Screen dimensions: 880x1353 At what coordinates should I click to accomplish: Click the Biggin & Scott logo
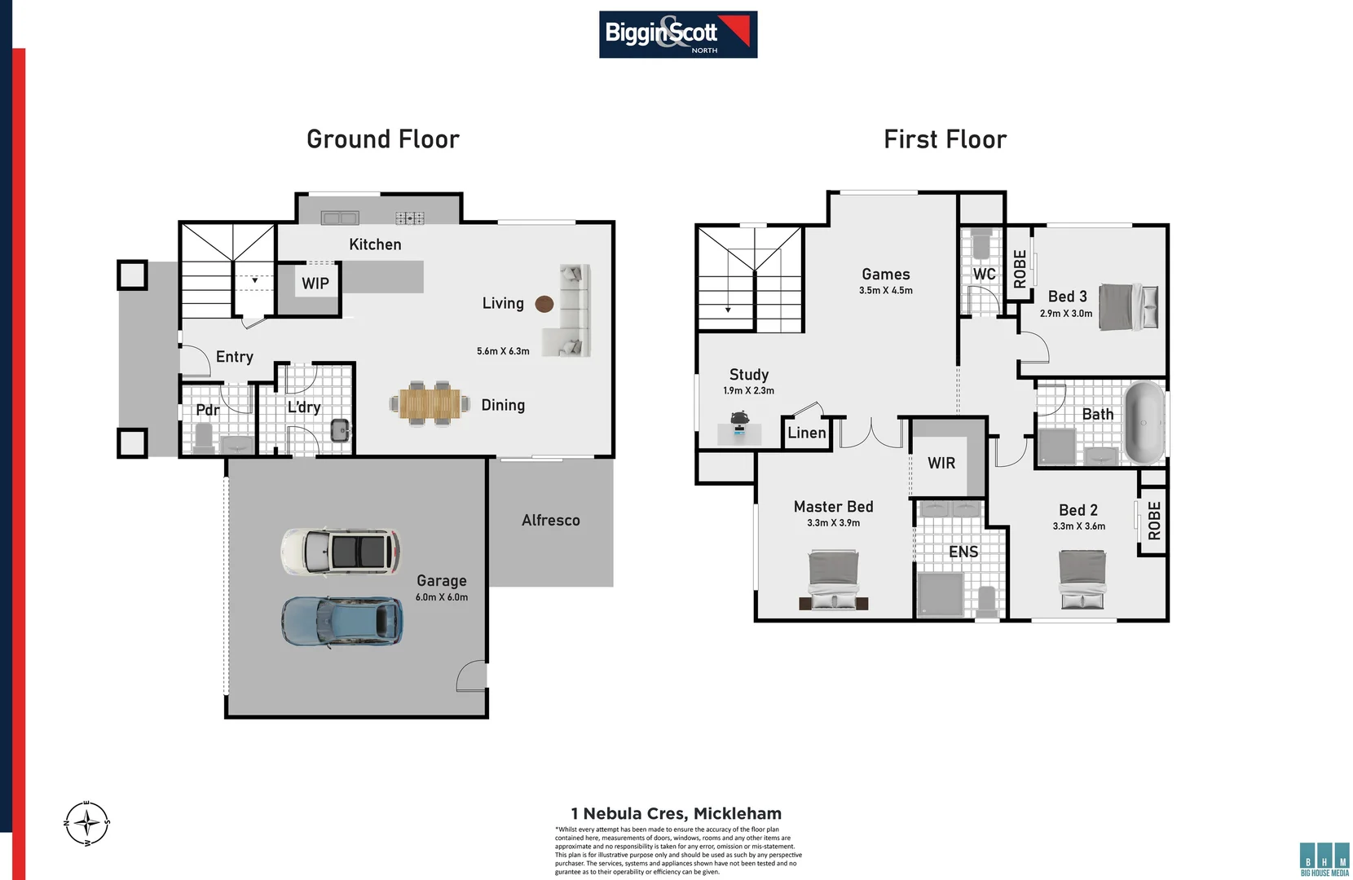678,34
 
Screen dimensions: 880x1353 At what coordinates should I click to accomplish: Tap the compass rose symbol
86,823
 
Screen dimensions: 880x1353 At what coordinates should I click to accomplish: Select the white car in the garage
341,552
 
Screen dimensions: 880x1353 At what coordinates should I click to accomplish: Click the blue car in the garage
342,622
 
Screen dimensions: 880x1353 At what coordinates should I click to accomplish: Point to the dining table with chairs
430,403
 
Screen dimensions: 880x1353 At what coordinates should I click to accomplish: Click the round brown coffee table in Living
544,304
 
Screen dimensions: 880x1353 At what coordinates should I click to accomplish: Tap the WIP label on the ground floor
315,284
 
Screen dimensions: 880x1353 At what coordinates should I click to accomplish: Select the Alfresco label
551,520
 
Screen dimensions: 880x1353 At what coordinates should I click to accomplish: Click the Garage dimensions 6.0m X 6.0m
442,597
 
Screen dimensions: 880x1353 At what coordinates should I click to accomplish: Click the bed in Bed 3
1128,306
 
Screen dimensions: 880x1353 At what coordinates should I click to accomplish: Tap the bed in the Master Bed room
834,581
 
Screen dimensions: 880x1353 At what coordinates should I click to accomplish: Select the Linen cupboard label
807,433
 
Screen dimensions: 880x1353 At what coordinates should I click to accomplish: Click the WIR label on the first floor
941,463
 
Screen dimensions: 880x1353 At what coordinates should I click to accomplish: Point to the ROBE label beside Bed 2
1154,521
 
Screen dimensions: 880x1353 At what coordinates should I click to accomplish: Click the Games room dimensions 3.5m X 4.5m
886,291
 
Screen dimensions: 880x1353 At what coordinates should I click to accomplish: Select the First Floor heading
945,139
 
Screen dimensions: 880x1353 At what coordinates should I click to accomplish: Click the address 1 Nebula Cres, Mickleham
676,813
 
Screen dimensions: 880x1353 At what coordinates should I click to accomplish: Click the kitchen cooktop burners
410,218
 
